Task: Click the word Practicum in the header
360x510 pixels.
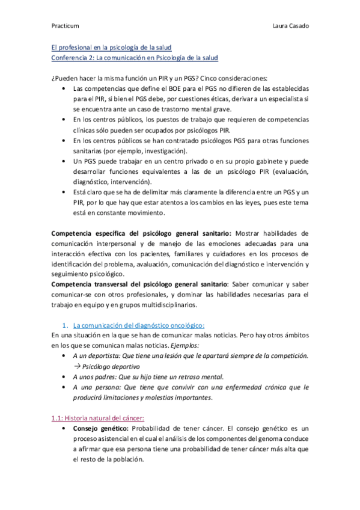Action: click(x=64, y=26)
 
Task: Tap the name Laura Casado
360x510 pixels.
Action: click(x=291, y=26)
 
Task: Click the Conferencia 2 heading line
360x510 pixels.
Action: click(x=133, y=58)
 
